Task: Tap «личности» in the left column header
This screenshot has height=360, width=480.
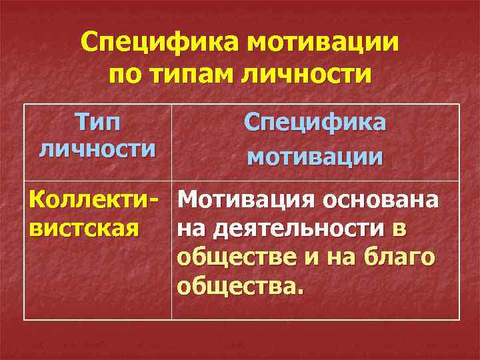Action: pyautogui.click(x=97, y=148)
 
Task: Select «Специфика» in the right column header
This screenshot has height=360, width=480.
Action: pyautogui.click(x=315, y=122)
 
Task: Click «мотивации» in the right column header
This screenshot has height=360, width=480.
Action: pyautogui.click(x=315, y=158)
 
